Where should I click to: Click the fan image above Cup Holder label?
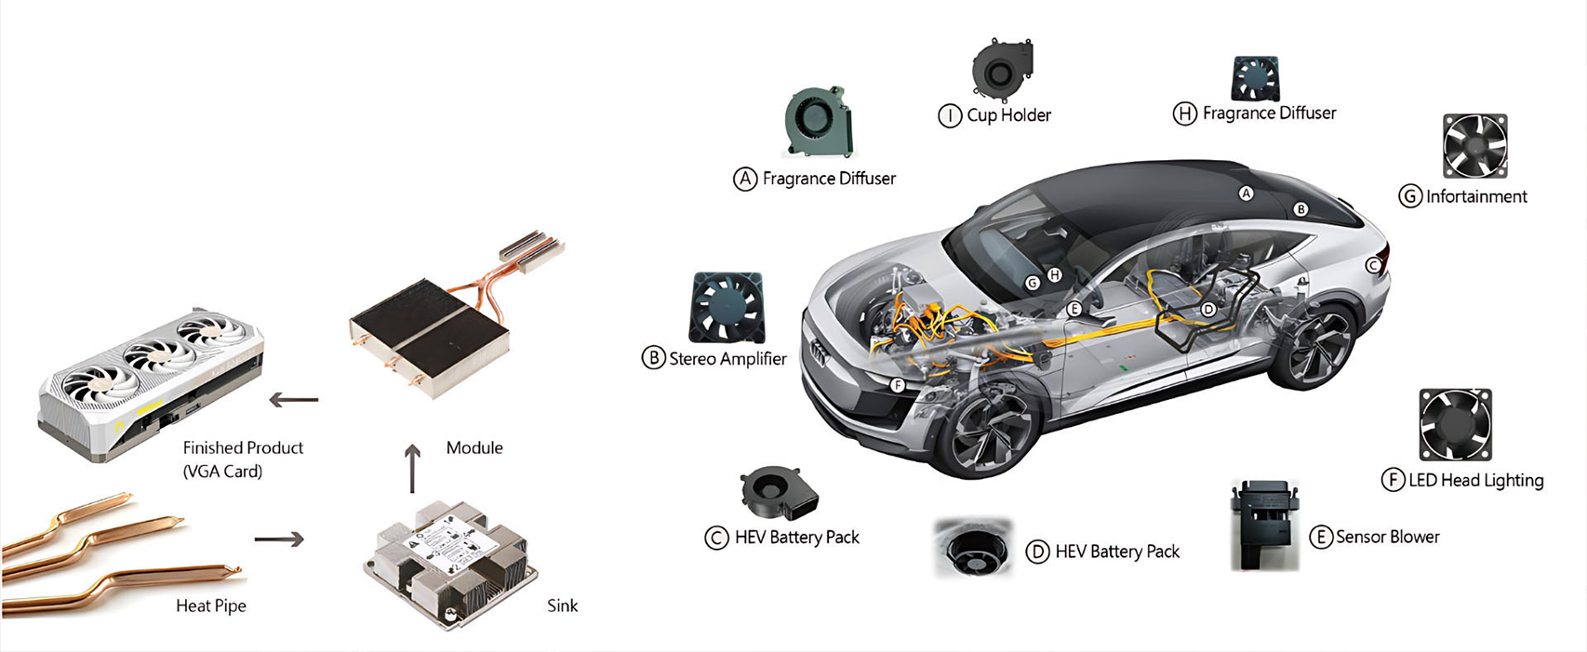pos(1001,69)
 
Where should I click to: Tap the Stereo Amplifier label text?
pos(727,359)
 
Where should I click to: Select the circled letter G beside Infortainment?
pos(1410,196)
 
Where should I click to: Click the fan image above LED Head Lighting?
pos(1455,424)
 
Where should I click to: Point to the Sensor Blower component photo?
pos(1263,525)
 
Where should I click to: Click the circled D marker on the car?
pos(1207,309)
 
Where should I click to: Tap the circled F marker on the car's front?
pos(897,385)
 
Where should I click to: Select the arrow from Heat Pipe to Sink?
pos(278,539)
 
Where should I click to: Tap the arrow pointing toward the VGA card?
pos(293,400)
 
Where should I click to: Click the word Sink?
pos(562,605)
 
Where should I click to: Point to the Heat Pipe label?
pos(211,605)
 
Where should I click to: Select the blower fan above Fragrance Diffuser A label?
pos(818,122)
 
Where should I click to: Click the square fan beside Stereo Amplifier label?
pos(727,308)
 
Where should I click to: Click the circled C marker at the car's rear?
pos(1372,265)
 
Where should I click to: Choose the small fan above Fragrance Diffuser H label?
pos(1255,78)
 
